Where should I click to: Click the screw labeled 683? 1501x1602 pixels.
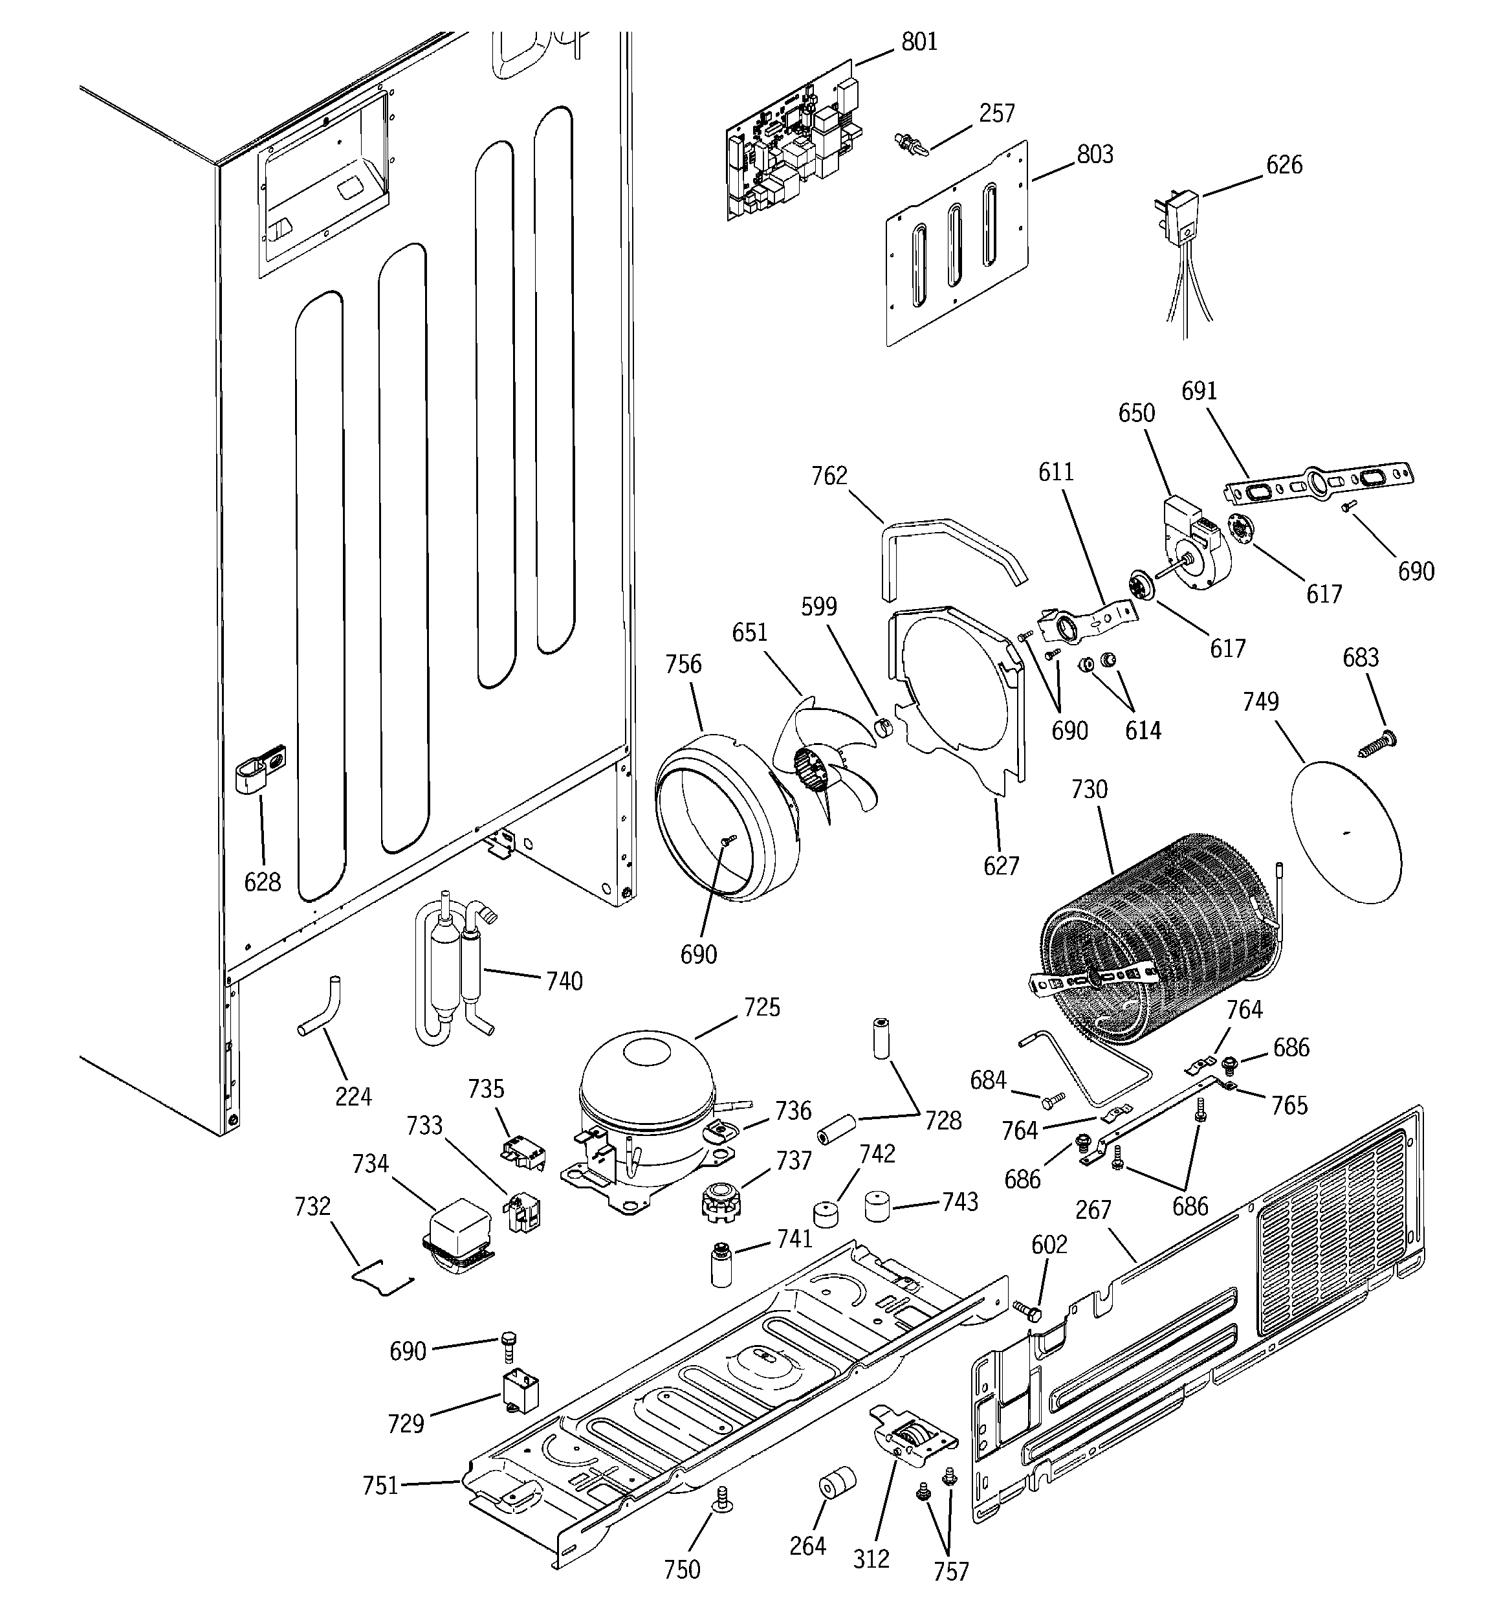click(x=1381, y=742)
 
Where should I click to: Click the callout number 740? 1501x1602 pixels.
click(x=564, y=981)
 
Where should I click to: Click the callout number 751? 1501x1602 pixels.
click(x=380, y=1484)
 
